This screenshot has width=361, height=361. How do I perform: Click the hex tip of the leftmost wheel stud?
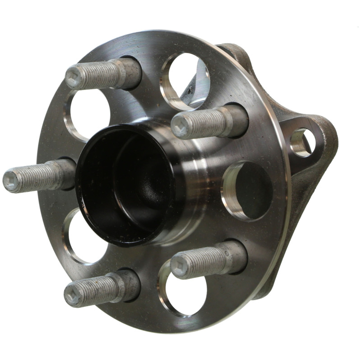point(11,180)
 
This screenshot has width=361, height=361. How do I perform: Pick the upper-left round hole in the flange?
point(88,115)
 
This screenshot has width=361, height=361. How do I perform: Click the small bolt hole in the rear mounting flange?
point(301,142)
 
